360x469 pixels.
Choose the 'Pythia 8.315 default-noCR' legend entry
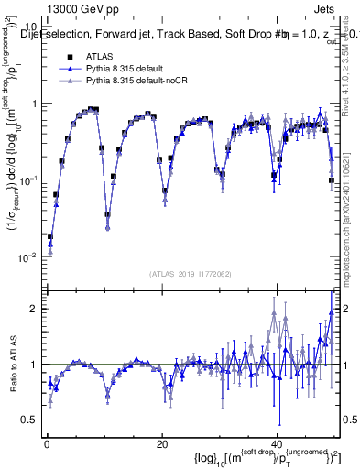[138, 82]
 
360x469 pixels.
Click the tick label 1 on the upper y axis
[35, 104]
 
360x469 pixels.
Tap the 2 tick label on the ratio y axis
[35, 309]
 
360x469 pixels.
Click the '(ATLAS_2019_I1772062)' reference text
[191, 274]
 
